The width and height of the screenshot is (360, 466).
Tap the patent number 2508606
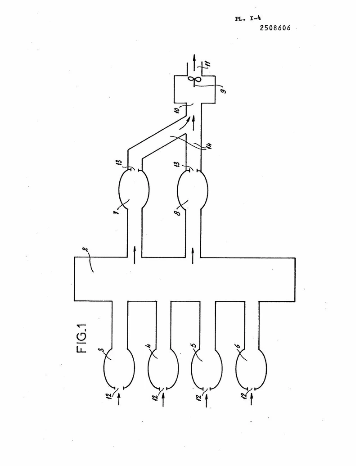coord(275,28)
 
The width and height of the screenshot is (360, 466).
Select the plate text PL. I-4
coord(248,18)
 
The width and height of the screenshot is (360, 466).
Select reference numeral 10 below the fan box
coord(176,110)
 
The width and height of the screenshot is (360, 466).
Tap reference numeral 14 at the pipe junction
coord(209,146)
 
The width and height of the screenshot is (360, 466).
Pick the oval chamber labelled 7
coord(134,189)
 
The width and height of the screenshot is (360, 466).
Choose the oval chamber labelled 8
coord(193,189)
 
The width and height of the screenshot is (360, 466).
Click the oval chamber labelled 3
coord(119,368)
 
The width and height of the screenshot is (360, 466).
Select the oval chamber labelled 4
coord(163,368)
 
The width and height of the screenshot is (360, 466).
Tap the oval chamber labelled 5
coord(207,368)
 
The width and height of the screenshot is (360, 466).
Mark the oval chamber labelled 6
coord(251,368)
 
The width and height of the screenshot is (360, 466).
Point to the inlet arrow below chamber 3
coord(119,399)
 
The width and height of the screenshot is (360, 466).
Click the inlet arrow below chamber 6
coord(252,399)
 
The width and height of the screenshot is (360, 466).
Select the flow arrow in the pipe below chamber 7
coord(135,255)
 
